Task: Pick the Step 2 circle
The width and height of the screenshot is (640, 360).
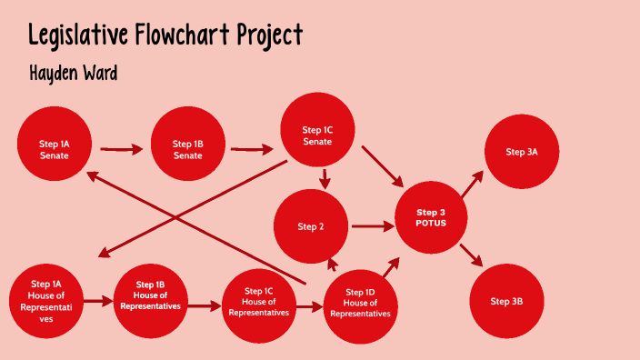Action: click(311, 226)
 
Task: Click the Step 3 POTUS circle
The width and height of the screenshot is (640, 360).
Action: click(431, 217)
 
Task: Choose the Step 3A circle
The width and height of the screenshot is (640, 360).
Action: click(522, 152)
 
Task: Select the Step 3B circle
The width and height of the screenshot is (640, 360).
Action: click(505, 301)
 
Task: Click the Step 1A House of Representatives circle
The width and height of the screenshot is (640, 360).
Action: click(46, 301)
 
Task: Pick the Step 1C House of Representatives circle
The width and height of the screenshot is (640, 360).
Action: click(259, 305)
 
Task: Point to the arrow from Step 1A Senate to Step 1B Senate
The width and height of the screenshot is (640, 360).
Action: click(121, 148)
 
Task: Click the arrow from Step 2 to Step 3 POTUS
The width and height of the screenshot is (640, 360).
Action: click(371, 225)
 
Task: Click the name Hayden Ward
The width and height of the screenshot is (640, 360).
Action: click(73, 74)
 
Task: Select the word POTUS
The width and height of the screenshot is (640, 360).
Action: click(431, 223)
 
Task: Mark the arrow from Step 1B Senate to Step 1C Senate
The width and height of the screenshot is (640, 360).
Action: click(252, 148)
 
